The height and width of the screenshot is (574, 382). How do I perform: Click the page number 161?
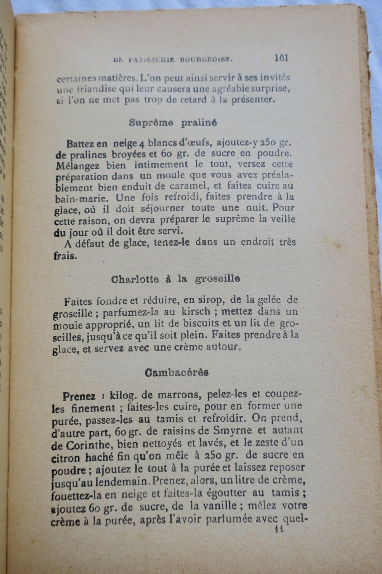click(x=281, y=58)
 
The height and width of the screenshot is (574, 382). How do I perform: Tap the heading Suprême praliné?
click(x=173, y=123)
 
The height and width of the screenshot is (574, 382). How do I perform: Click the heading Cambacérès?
click(x=177, y=373)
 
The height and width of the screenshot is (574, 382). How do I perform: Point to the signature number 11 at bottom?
click(x=278, y=530)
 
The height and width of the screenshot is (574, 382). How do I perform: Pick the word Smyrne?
click(x=247, y=431)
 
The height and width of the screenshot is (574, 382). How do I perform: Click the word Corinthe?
click(x=85, y=446)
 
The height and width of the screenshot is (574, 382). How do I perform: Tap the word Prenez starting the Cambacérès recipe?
click(x=79, y=396)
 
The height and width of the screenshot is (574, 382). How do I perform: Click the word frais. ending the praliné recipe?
click(x=65, y=256)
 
